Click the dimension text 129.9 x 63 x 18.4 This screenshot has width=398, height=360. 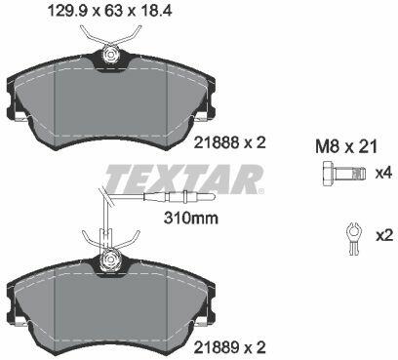click(109, 11)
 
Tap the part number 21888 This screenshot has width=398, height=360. click(217, 142)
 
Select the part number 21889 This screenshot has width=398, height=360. click(217, 347)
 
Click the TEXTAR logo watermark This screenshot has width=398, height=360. click(183, 179)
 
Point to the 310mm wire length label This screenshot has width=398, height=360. click(191, 218)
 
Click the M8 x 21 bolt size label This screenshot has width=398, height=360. click(346, 146)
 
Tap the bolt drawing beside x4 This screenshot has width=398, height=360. click(344, 174)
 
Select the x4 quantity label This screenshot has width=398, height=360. click(384, 173)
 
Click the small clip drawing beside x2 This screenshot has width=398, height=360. click(353, 238)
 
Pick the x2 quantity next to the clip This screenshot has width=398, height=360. click(384, 235)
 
